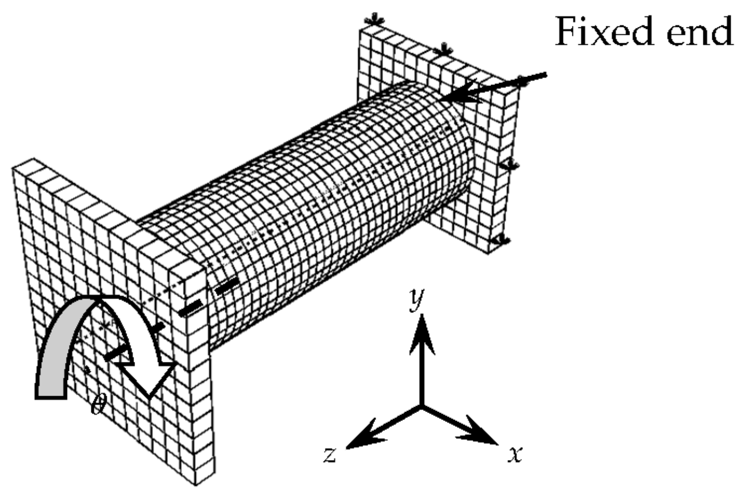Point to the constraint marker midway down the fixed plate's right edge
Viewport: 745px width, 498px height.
click(508, 165)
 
